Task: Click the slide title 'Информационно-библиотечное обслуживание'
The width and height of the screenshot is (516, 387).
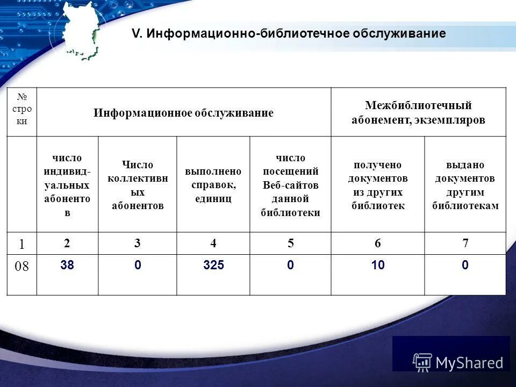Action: point(289,34)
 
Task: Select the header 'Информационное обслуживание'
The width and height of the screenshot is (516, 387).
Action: point(183,113)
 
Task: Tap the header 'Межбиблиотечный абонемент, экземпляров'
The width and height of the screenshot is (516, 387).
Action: point(418,113)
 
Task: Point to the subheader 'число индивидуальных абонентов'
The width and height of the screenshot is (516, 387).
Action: point(67,185)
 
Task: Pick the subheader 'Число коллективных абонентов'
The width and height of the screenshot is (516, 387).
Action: point(138,185)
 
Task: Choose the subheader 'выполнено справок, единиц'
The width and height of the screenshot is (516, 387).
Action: point(213,185)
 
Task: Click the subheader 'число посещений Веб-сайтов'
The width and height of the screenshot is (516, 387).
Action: point(290,185)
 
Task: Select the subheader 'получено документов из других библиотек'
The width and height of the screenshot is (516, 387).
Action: point(377,185)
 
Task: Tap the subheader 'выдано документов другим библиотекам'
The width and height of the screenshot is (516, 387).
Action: point(465,185)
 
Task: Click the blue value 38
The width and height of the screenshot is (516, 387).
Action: point(67,265)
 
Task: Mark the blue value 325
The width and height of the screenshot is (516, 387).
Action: point(213,265)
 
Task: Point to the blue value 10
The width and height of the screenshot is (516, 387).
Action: point(377,265)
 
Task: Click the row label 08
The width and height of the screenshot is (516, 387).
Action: point(22,267)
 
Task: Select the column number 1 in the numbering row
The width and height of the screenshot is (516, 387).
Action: point(22,243)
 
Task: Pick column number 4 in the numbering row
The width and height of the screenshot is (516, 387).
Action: point(213,243)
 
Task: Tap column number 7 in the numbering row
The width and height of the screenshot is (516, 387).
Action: point(465,243)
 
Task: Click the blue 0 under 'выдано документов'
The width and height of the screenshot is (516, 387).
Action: point(465,265)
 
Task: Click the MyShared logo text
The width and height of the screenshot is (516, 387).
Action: point(469,363)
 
